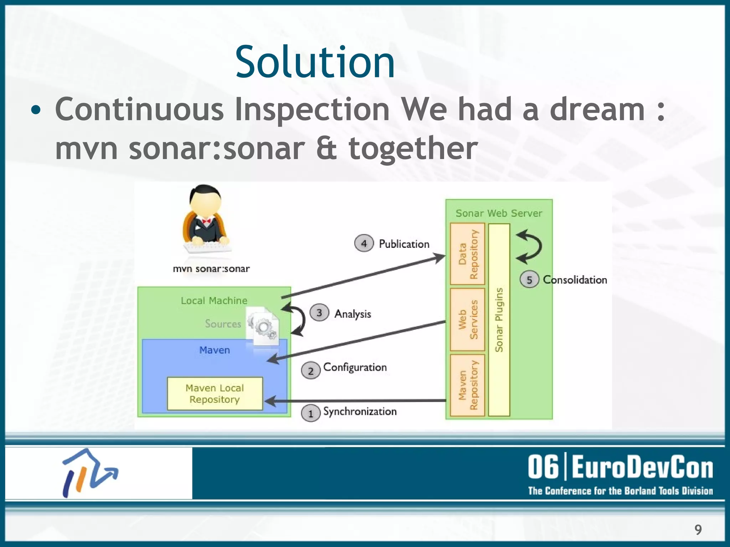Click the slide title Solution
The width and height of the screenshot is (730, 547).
pyautogui.click(x=315, y=62)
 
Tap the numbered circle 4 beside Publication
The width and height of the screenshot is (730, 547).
pyautogui.click(x=364, y=244)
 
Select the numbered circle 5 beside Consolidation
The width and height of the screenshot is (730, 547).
pyautogui.click(x=529, y=280)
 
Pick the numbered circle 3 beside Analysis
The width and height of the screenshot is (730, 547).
pyautogui.click(x=319, y=313)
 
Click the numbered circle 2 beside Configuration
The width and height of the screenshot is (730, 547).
pyautogui.click(x=310, y=371)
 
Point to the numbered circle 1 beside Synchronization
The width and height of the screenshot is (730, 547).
pyautogui.click(x=310, y=414)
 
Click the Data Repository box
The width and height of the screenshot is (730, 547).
pyautogui.click(x=467, y=254)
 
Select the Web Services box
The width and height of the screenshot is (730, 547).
pyautogui.click(x=467, y=319)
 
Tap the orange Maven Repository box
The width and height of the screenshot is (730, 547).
pyautogui.click(x=467, y=385)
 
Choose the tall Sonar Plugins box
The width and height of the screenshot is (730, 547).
pyautogui.click(x=499, y=319)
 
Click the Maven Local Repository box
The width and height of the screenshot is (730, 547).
pyautogui.click(x=215, y=394)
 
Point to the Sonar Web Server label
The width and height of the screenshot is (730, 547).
pyautogui.click(x=499, y=213)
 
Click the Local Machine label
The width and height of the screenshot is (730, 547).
pyautogui.click(x=214, y=301)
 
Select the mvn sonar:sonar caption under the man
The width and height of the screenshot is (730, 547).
pyautogui.click(x=211, y=269)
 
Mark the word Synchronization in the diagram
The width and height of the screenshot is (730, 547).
pyautogui.click(x=360, y=412)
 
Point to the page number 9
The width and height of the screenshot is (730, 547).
pyautogui.click(x=698, y=530)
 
